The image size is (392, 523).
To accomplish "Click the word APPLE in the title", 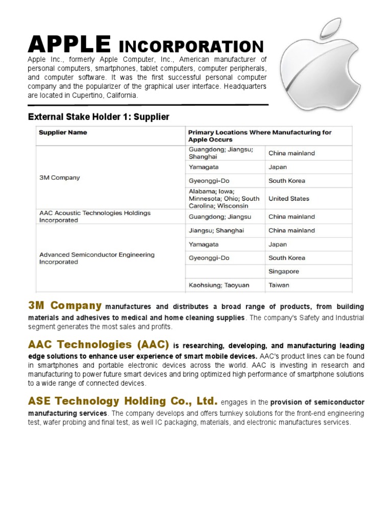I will point(68,45).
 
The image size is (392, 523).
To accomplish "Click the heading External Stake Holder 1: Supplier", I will point(98,117).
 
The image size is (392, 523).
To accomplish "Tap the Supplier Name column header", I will point(63,133).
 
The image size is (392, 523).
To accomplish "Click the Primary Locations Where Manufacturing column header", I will point(259,136).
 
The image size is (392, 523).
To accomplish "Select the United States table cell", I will point(288,199).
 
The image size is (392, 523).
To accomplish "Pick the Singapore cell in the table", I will point(284,272).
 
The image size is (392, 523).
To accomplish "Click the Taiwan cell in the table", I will point(279,286).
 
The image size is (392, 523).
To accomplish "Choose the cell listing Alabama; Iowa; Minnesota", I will point(224,198).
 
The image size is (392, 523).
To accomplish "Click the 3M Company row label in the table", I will point(60,178).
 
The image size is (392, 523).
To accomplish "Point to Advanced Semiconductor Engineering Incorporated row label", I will point(96,258).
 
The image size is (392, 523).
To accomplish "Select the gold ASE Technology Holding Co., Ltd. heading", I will point(122,401).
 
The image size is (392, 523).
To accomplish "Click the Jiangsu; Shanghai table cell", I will point(216,231).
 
